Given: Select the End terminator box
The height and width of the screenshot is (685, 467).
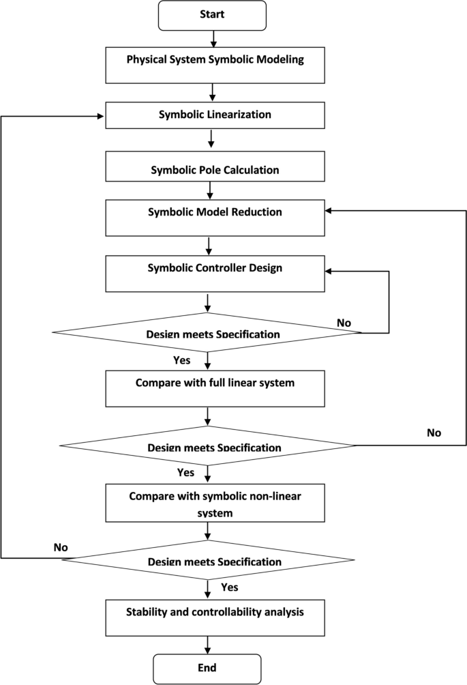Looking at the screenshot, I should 207,668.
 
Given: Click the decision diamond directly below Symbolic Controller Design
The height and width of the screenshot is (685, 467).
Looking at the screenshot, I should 207,333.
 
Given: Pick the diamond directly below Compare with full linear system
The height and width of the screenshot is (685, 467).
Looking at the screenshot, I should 207,447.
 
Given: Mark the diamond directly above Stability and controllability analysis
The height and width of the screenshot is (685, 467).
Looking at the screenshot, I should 207,561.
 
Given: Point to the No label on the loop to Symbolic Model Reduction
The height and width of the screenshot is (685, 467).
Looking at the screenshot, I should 434,433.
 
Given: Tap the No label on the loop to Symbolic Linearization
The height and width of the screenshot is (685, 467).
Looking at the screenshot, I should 61,546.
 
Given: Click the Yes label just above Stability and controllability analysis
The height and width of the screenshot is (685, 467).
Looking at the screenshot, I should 230,586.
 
